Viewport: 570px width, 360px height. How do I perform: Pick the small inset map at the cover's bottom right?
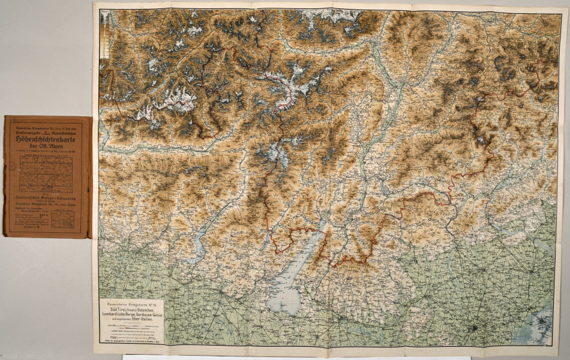tap(63, 218)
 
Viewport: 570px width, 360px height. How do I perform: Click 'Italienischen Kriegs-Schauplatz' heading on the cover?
tap(47, 196)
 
